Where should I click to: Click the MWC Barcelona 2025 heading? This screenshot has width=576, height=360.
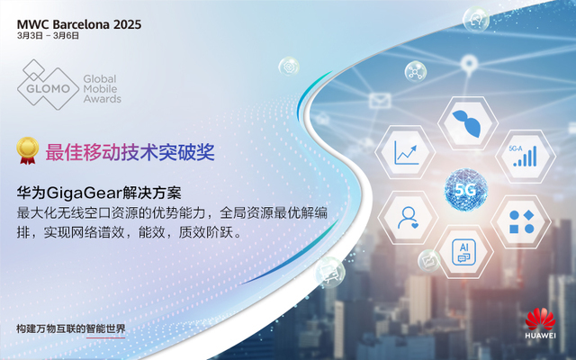(x=79, y=24)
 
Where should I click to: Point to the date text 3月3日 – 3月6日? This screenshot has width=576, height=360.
(x=48, y=36)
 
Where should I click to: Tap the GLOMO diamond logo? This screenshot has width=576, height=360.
(x=48, y=85)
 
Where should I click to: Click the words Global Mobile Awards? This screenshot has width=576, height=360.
(x=102, y=89)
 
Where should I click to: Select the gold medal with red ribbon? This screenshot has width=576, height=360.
(x=28, y=150)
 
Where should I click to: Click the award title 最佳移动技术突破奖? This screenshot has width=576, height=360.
(x=130, y=152)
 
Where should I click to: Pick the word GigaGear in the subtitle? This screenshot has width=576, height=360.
(x=84, y=193)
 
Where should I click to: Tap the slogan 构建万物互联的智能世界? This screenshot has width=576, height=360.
(x=71, y=328)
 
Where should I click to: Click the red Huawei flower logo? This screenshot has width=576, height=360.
(x=540, y=319)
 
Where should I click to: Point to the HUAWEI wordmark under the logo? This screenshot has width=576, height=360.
(x=540, y=336)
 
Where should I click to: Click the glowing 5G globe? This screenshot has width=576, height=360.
(x=466, y=190)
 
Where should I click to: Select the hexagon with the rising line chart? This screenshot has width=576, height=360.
(x=406, y=152)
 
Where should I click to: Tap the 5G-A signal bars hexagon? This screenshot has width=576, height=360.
(x=526, y=156)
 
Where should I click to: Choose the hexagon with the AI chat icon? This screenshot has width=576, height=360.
(x=464, y=252)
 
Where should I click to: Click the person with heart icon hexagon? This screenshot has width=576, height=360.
(x=408, y=218)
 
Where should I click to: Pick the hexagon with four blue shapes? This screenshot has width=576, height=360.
(x=521, y=221)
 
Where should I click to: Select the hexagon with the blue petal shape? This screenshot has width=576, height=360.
(x=468, y=123)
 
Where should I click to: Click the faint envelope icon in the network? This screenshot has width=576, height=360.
(x=380, y=100)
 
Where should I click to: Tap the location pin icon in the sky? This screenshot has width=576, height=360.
(x=469, y=64)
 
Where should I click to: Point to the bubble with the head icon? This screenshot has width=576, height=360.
(x=476, y=20)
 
